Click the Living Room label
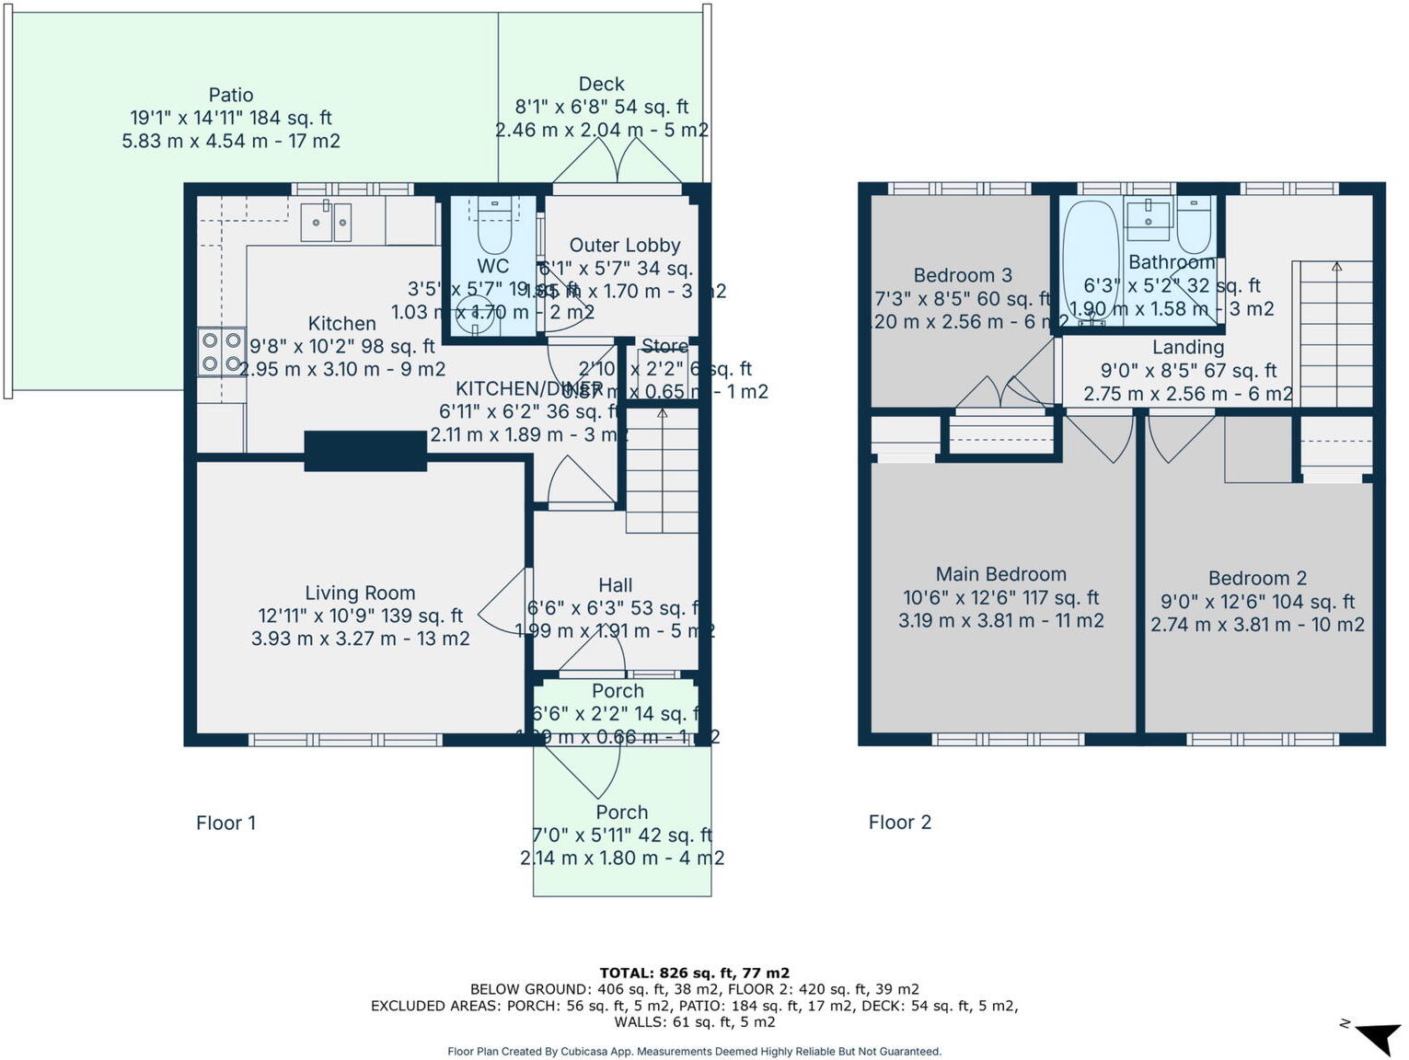[x=360, y=593]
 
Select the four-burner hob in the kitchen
[x=221, y=352]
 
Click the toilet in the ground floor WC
[x=494, y=225]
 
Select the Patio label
[x=230, y=95]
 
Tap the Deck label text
[x=601, y=84]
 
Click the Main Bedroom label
[x=1000, y=574]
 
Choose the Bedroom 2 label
[x=1257, y=578]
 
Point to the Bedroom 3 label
[x=963, y=275]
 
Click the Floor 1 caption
[x=225, y=823]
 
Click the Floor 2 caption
[x=899, y=823]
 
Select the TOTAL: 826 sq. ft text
[x=694, y=973]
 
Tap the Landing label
[x=1187, y=347]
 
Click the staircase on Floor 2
[x=1335, y=336]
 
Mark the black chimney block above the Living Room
[x=365, y=451]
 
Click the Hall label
[x=615, y=585]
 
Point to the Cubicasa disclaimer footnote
[x=694, y=1051]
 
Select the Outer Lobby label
[x=624, y=245]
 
